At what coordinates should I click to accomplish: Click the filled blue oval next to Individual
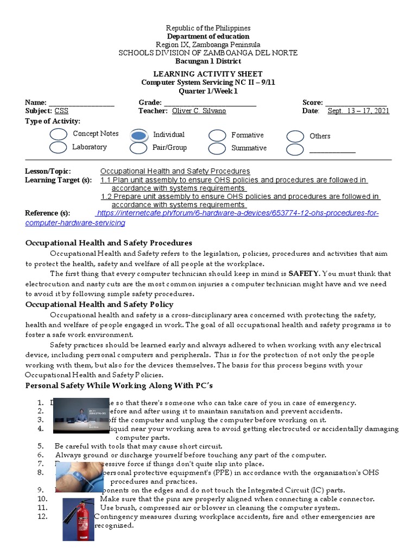(139, 135)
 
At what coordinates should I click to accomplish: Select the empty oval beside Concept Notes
(58, 134)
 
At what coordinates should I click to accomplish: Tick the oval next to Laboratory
(58, 147)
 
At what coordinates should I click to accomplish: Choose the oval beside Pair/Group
(139, 148)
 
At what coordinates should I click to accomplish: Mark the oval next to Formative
(217, 135)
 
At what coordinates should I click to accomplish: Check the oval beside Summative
(217, 148)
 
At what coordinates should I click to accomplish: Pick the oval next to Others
(295, 136)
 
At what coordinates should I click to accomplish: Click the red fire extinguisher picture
(78, 520)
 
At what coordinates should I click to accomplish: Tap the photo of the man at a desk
(81, 415)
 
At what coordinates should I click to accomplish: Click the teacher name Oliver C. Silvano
(199, 111)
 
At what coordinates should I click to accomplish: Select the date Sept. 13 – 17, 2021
(358, 111)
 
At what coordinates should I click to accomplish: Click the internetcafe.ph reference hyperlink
(236, 213)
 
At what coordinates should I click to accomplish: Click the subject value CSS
(61, 111)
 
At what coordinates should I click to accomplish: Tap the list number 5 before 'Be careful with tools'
(41, 446)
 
